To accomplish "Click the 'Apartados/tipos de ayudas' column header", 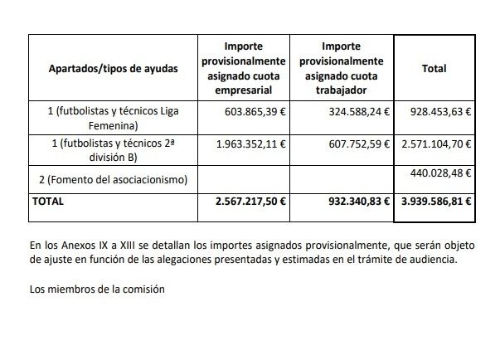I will (114, 69).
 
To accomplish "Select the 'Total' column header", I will (434, 69).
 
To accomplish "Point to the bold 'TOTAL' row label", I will (48, 201).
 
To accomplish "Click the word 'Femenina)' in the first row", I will (114, 126).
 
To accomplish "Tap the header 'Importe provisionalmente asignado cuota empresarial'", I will (245, 69).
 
